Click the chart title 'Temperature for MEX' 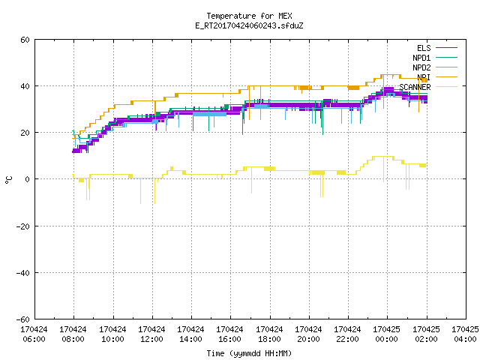(249, 16)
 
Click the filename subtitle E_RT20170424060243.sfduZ (249, 25)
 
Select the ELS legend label (424, 48)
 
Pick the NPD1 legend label (421, 58)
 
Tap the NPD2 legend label (421, 67)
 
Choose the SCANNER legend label (415, 87)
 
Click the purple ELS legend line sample (446, 48)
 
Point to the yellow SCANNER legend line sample (446, 87)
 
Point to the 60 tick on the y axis (25, 40)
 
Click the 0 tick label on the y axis (27, 179)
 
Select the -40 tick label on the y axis (23, 273)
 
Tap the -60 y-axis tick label (23, 319)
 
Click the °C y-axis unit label (8, 180)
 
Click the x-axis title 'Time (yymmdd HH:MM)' (249, 353)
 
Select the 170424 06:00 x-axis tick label (34, 334)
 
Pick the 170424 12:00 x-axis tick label (151, 334)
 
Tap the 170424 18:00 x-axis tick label (269, 334)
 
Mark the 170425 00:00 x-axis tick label (387, 334)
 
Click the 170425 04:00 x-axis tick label (465, 334)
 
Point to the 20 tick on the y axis (25, 133)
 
